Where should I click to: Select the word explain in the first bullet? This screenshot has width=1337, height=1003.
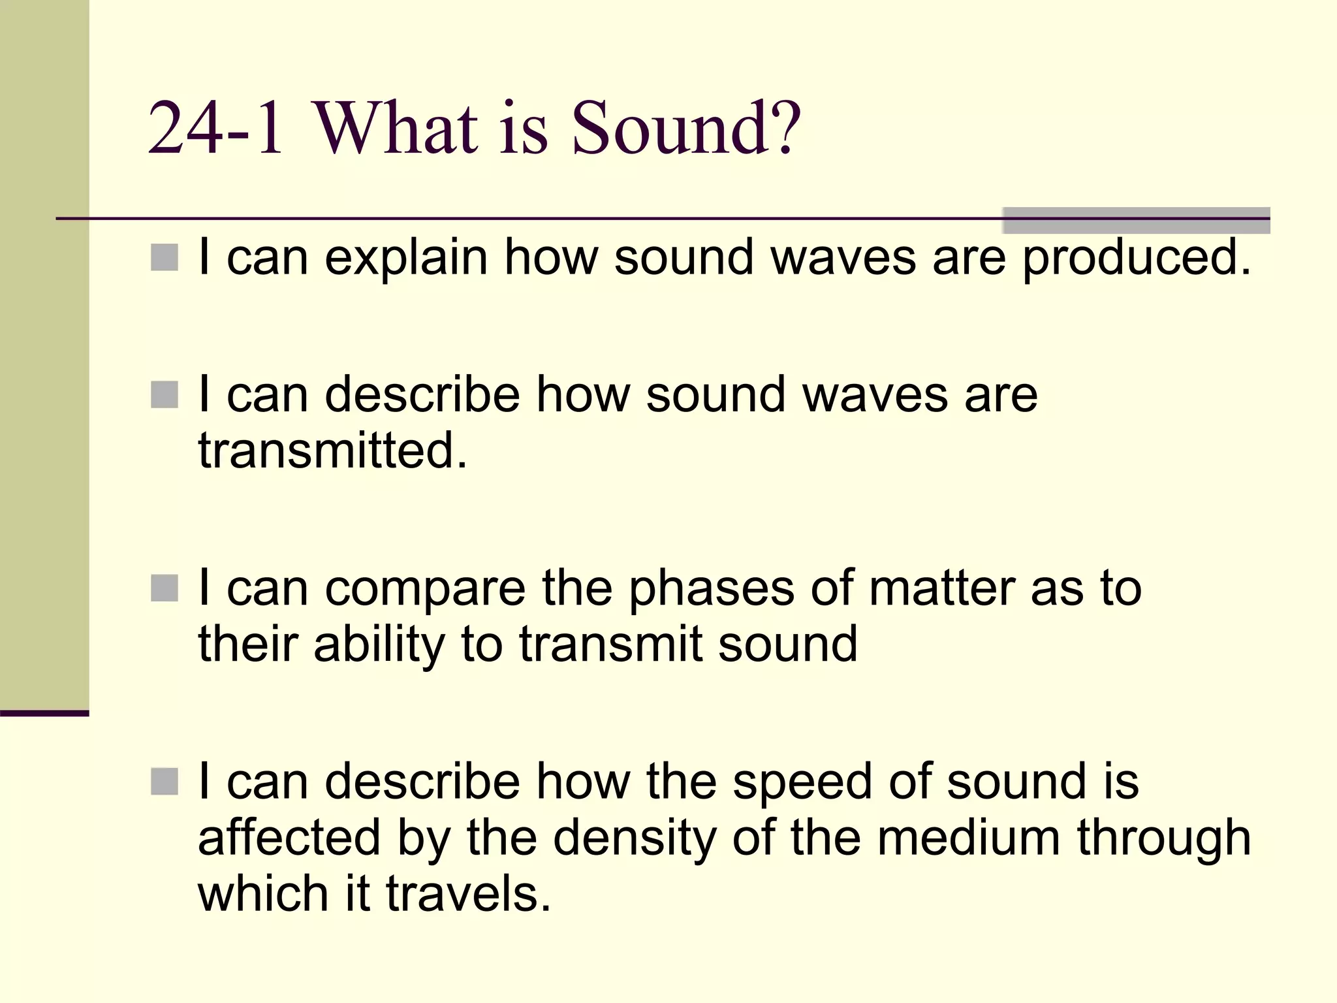click(406, 259)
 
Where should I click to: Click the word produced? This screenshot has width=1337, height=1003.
click(1136, 259)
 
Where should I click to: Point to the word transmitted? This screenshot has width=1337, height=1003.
click(333, 451)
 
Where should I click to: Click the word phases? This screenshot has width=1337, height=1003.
click(712, 589)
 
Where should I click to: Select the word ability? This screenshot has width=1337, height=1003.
click(379, 645)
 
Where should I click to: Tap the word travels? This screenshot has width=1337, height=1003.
click(468, 895)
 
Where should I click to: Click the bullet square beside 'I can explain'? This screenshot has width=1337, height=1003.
click(165, 258)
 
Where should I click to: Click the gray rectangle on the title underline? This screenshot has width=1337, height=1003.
click(1136, 220)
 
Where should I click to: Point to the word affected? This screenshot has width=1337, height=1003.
click(289, 838)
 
